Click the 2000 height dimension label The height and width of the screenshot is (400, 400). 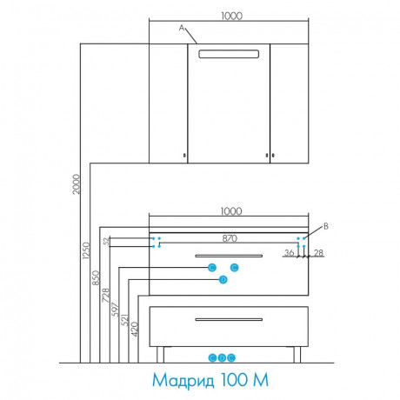tap(76, 184)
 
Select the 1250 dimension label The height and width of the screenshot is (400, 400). tap(86, 250)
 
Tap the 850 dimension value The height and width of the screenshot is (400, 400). tap(96, 277)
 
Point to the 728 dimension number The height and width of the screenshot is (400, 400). tap(106, 295)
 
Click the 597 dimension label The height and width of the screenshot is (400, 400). tap(115, 310)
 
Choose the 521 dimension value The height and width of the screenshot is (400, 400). tap(124, 320)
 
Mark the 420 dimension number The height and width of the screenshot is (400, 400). tap(135, 330)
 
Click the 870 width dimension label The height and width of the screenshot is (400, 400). tap(230, 238)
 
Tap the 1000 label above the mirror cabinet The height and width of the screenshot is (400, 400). tap(231, 16)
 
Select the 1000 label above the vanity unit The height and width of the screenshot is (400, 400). tap(231, 211)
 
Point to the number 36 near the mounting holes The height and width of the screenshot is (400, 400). tap(289, 253)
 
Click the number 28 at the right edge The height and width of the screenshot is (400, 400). tap(318, 253)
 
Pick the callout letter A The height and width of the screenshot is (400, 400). tap(182, 28)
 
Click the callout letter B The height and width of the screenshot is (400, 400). tap(326, 226)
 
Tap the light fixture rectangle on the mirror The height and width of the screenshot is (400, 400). tap(229, 54)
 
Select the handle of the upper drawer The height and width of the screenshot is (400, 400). tap(229, 256)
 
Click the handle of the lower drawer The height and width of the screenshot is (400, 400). tap(229, 319)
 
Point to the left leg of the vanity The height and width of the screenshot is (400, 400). tap(160, 355)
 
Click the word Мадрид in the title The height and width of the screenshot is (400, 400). tap(183, 380)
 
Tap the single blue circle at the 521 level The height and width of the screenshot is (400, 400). tap(223, 280)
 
